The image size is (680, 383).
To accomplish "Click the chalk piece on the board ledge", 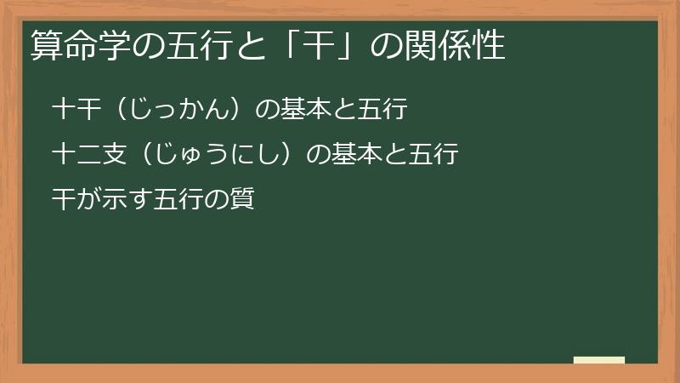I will click(598, 360).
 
